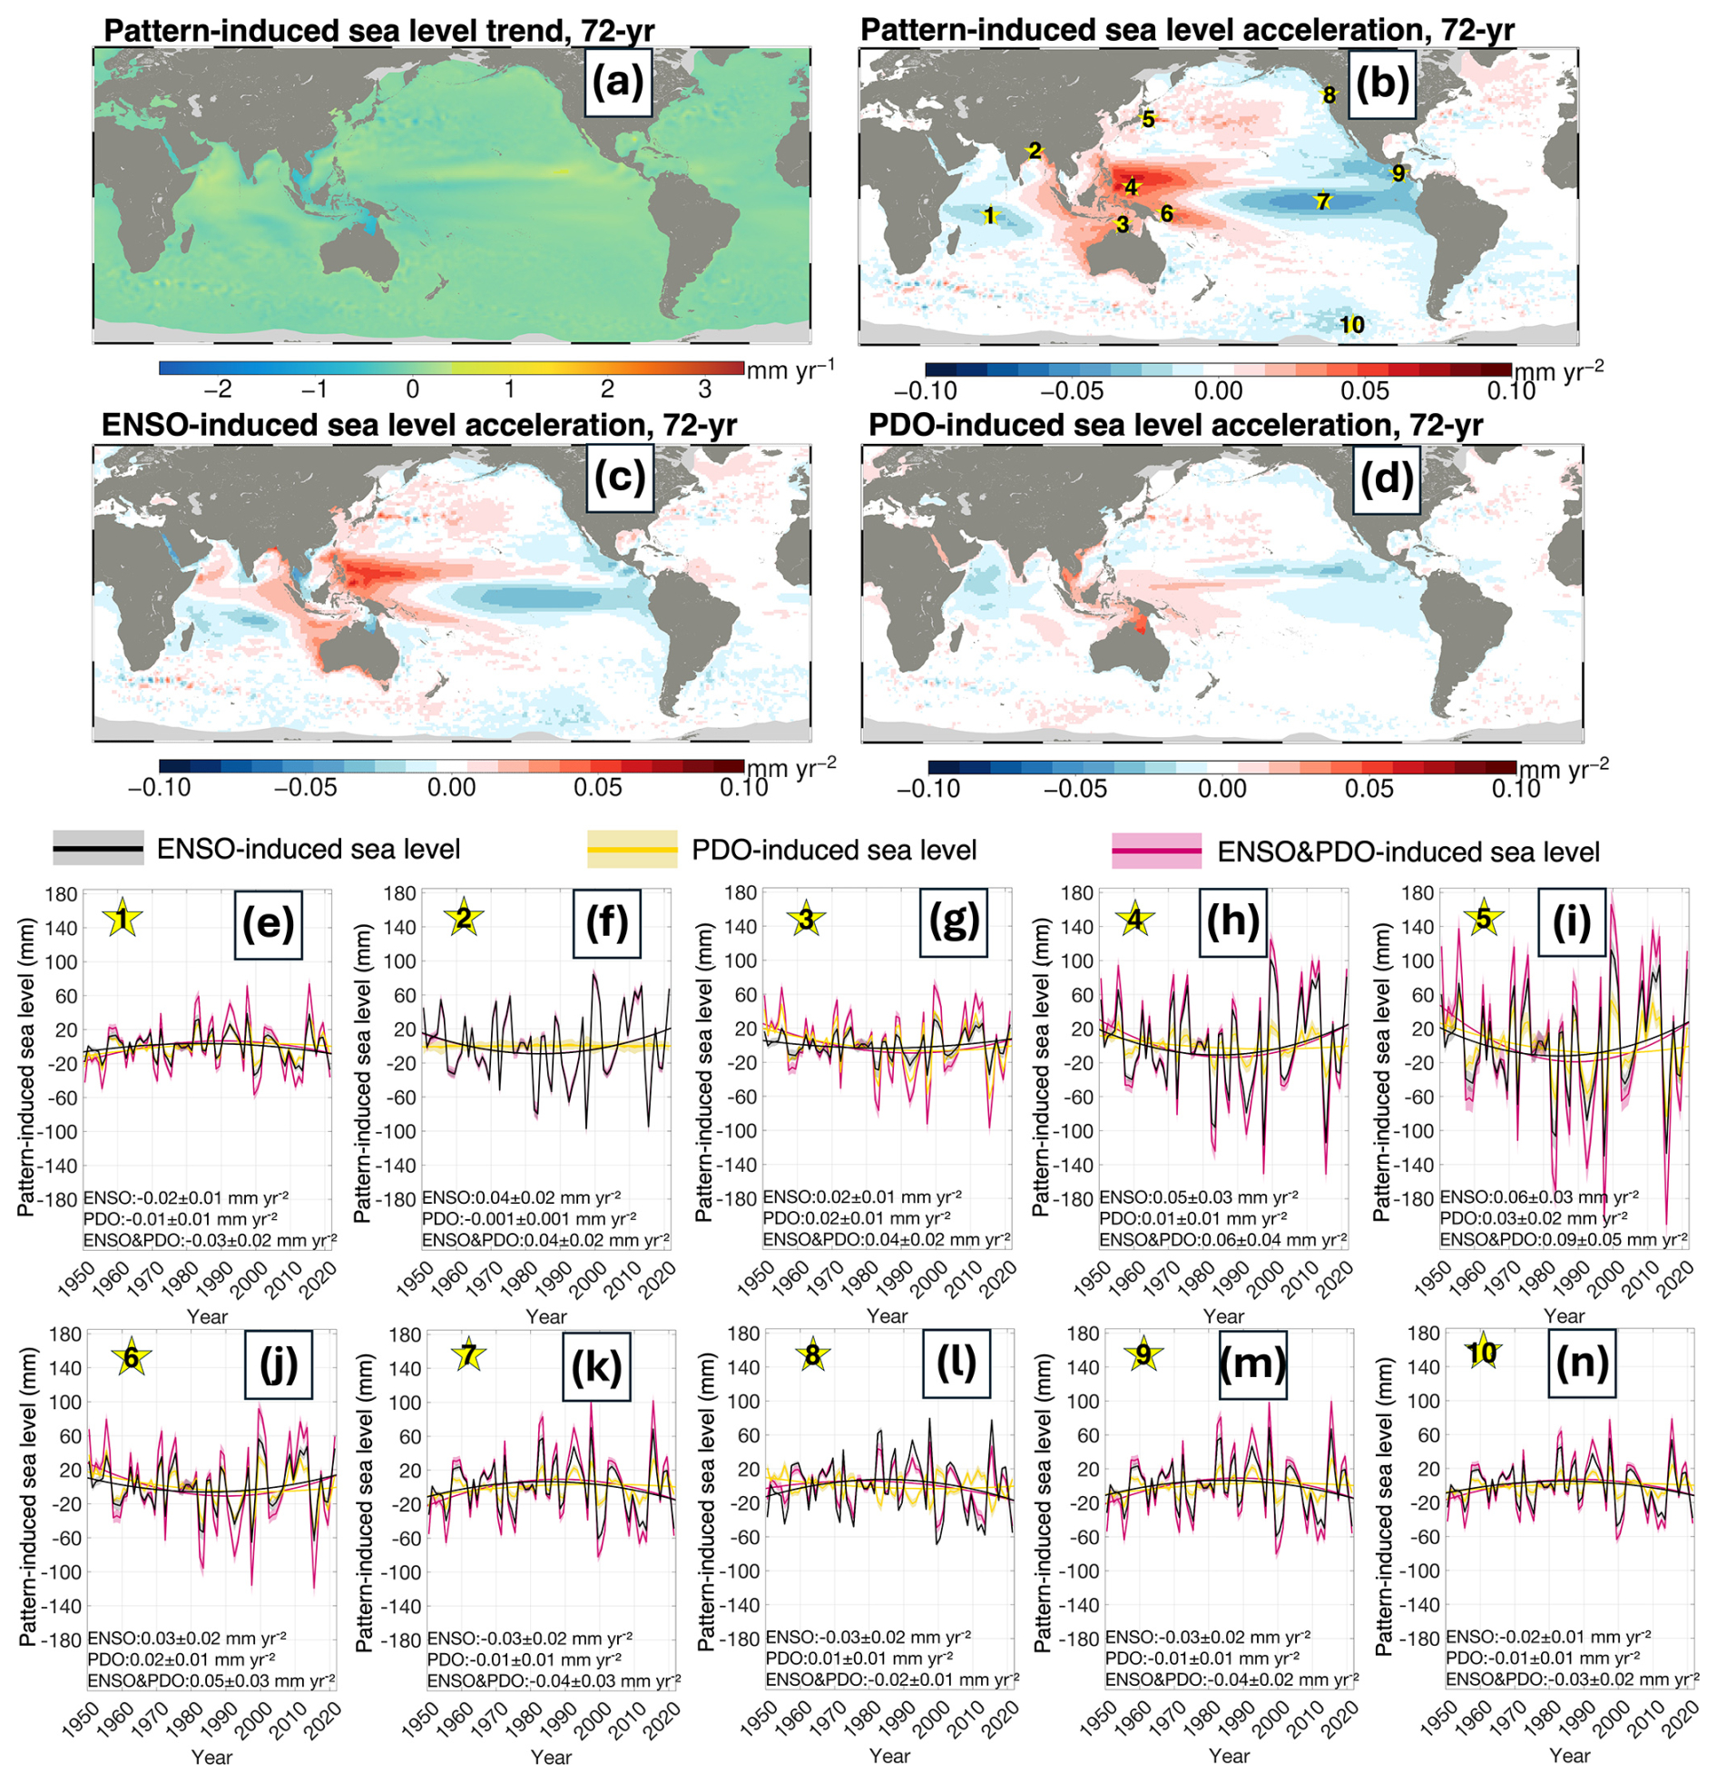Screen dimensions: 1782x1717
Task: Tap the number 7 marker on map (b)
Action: coord(1323,202)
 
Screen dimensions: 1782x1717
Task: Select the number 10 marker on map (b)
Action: coord(1351,325)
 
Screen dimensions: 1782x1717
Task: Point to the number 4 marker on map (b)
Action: coord(1131,187)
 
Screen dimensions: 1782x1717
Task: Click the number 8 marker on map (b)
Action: coord(1329,94)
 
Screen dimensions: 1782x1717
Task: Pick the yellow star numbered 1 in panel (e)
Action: coord(122,921)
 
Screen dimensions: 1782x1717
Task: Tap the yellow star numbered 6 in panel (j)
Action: coord(132,1358)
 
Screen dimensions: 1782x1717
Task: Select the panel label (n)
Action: coord(1582,1362)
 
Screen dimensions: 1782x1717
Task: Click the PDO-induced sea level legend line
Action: coord(633,850)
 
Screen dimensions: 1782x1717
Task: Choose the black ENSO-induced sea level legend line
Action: coord(98,849)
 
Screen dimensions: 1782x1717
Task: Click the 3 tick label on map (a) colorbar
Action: coord(704,389)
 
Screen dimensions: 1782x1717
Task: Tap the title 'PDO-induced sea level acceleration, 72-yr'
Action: coord(1175,426)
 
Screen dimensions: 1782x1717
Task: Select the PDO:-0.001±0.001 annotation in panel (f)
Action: coord(529,1218)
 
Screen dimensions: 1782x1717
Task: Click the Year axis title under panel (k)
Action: coord(551,1757)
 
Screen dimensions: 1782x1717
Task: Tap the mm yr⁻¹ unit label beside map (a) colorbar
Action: coord(789,369)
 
